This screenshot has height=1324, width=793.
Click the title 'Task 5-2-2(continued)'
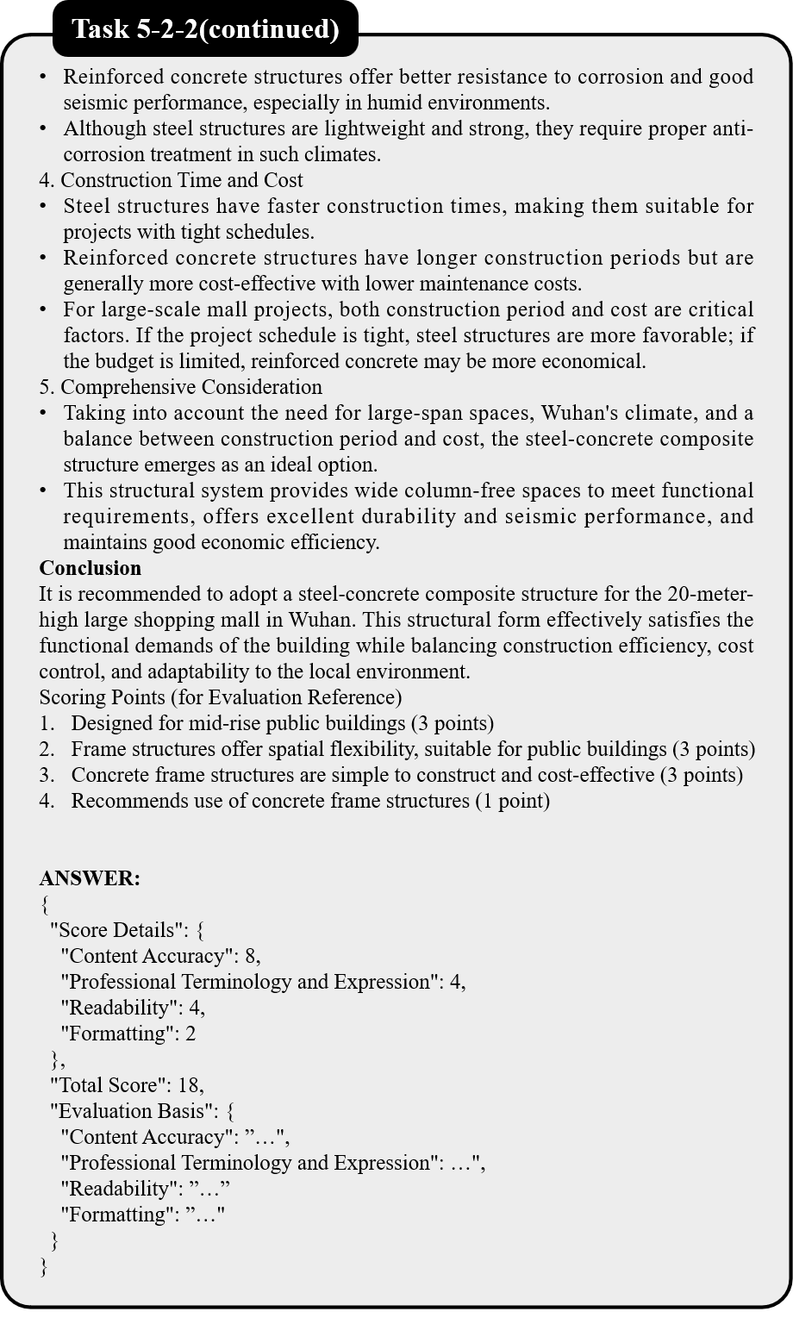[x=205, y=29]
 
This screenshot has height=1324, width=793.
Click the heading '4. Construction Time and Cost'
[x=171, y=180]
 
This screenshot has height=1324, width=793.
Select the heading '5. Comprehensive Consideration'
[x=180, y=387]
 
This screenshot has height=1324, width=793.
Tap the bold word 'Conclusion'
[x=90, y=568]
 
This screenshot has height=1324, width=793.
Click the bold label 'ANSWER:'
[x=90, y=878]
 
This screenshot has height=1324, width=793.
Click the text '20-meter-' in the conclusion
[x=710, y=594]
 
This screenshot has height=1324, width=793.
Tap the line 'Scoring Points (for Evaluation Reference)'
[x=220, y=697]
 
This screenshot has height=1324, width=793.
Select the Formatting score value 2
[x=190, y=1034]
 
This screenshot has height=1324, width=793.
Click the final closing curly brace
[x=44, y=1266]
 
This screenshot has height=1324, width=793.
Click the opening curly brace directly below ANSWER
[x=44, y=904]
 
